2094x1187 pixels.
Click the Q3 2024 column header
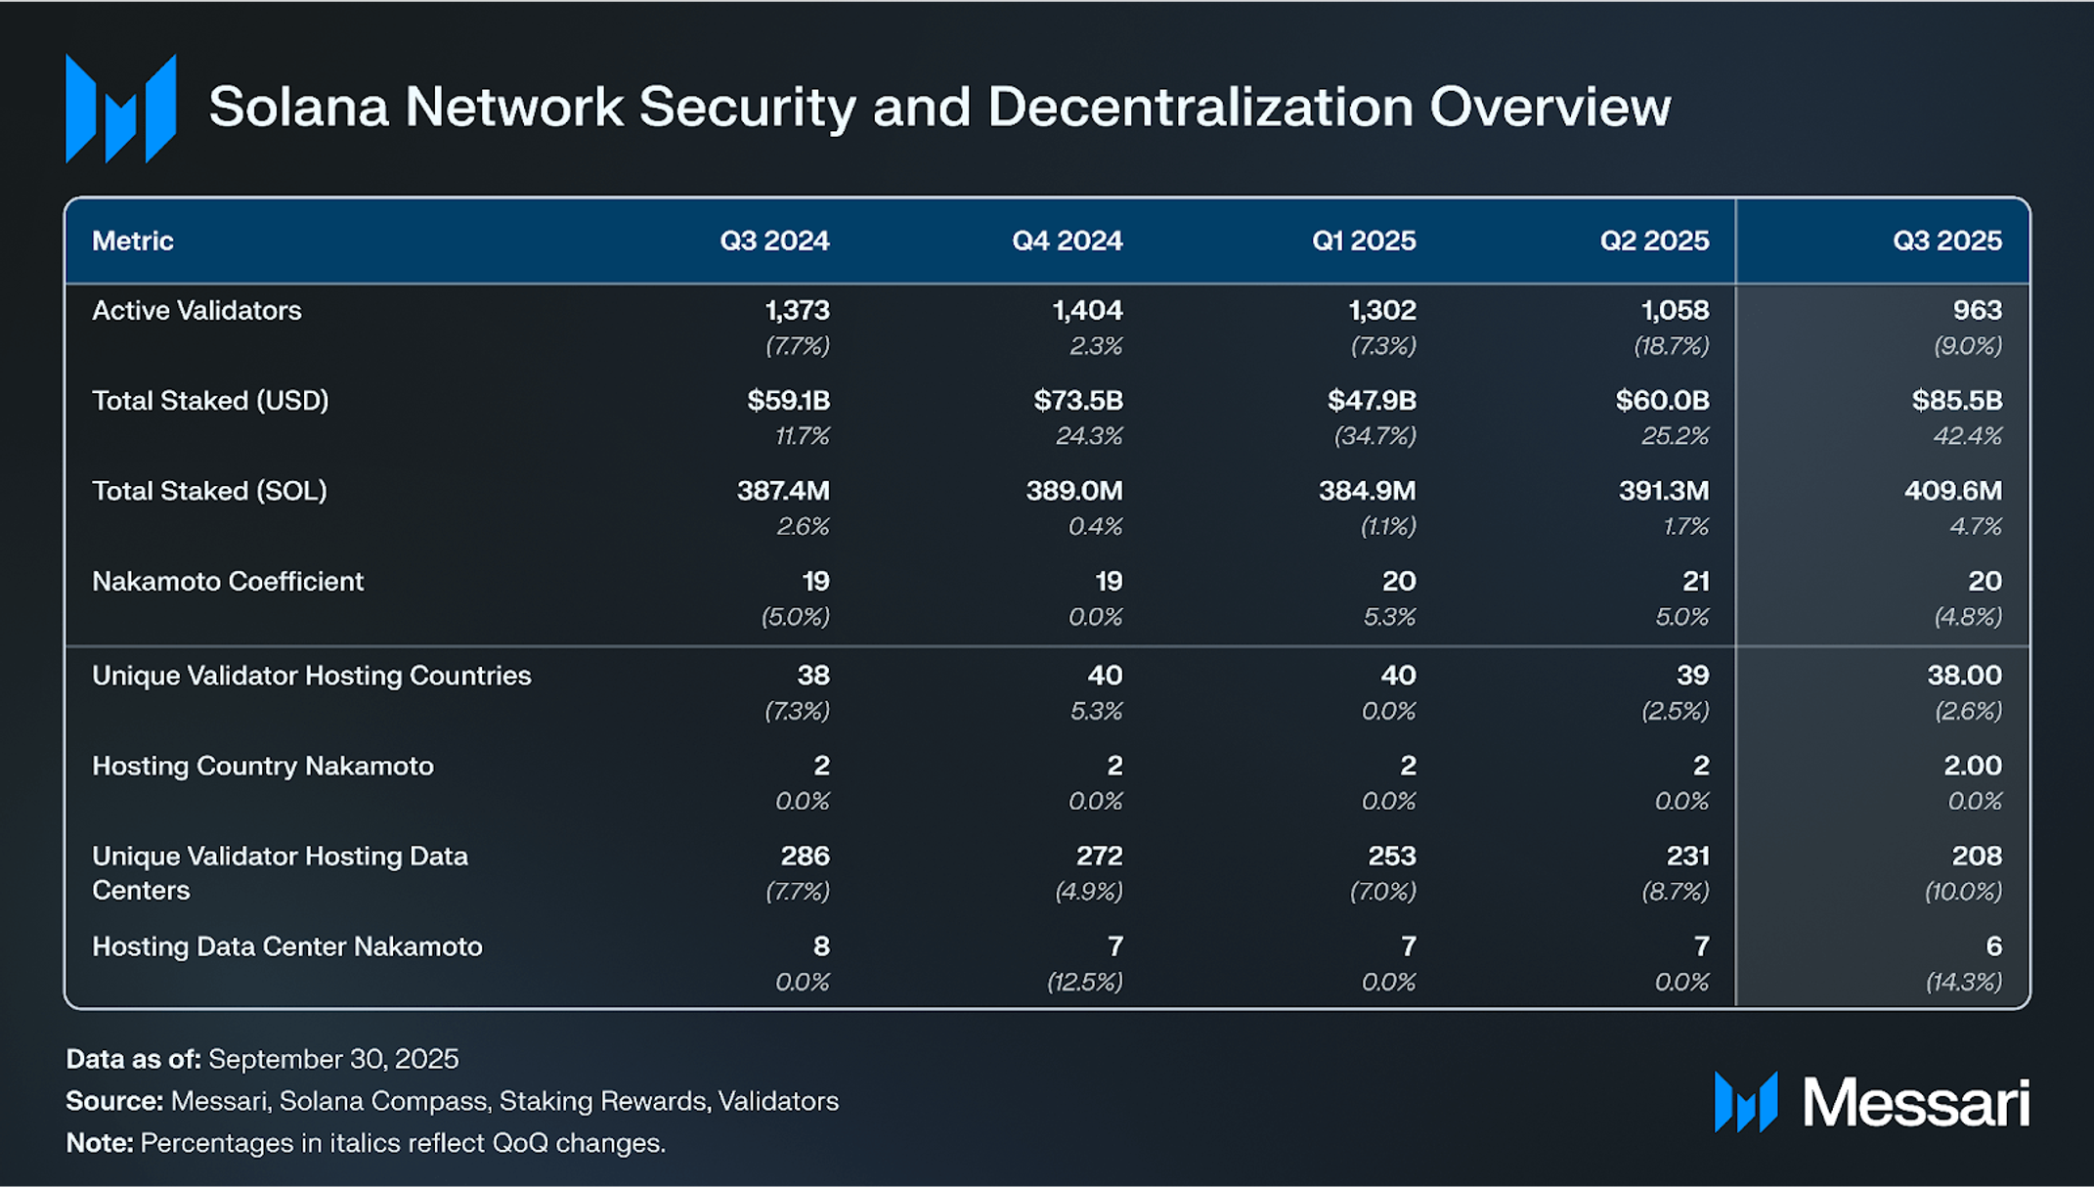pos(774,241)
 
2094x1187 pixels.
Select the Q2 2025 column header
pos(1654,241)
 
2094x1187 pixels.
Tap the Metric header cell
pos(133,241)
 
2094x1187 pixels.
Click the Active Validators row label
pos(196,310)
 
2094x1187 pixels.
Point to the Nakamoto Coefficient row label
pos(228,581)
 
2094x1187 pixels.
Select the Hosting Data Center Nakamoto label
pos(287,946)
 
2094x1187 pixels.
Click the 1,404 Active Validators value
pos(1087,310)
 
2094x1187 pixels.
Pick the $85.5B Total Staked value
pos(1957,400)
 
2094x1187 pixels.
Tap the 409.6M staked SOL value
pos(1953,491)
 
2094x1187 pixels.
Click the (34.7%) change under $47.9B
pos(1374,436)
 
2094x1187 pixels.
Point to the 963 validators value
pos(1977,310)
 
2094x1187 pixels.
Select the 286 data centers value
pos(805,856)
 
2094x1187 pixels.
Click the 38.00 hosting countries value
pos(1964,675)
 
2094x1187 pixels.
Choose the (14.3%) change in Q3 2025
pos(1963,982)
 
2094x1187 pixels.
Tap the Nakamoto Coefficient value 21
pos(1695,581)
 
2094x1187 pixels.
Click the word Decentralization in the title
pos(1200,107)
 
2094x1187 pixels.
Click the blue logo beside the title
pos(120,109)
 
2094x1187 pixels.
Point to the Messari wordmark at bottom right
pos(1915,1103)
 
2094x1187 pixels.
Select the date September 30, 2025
pos(333,1059)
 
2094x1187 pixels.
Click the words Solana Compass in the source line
pos(383,1101)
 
